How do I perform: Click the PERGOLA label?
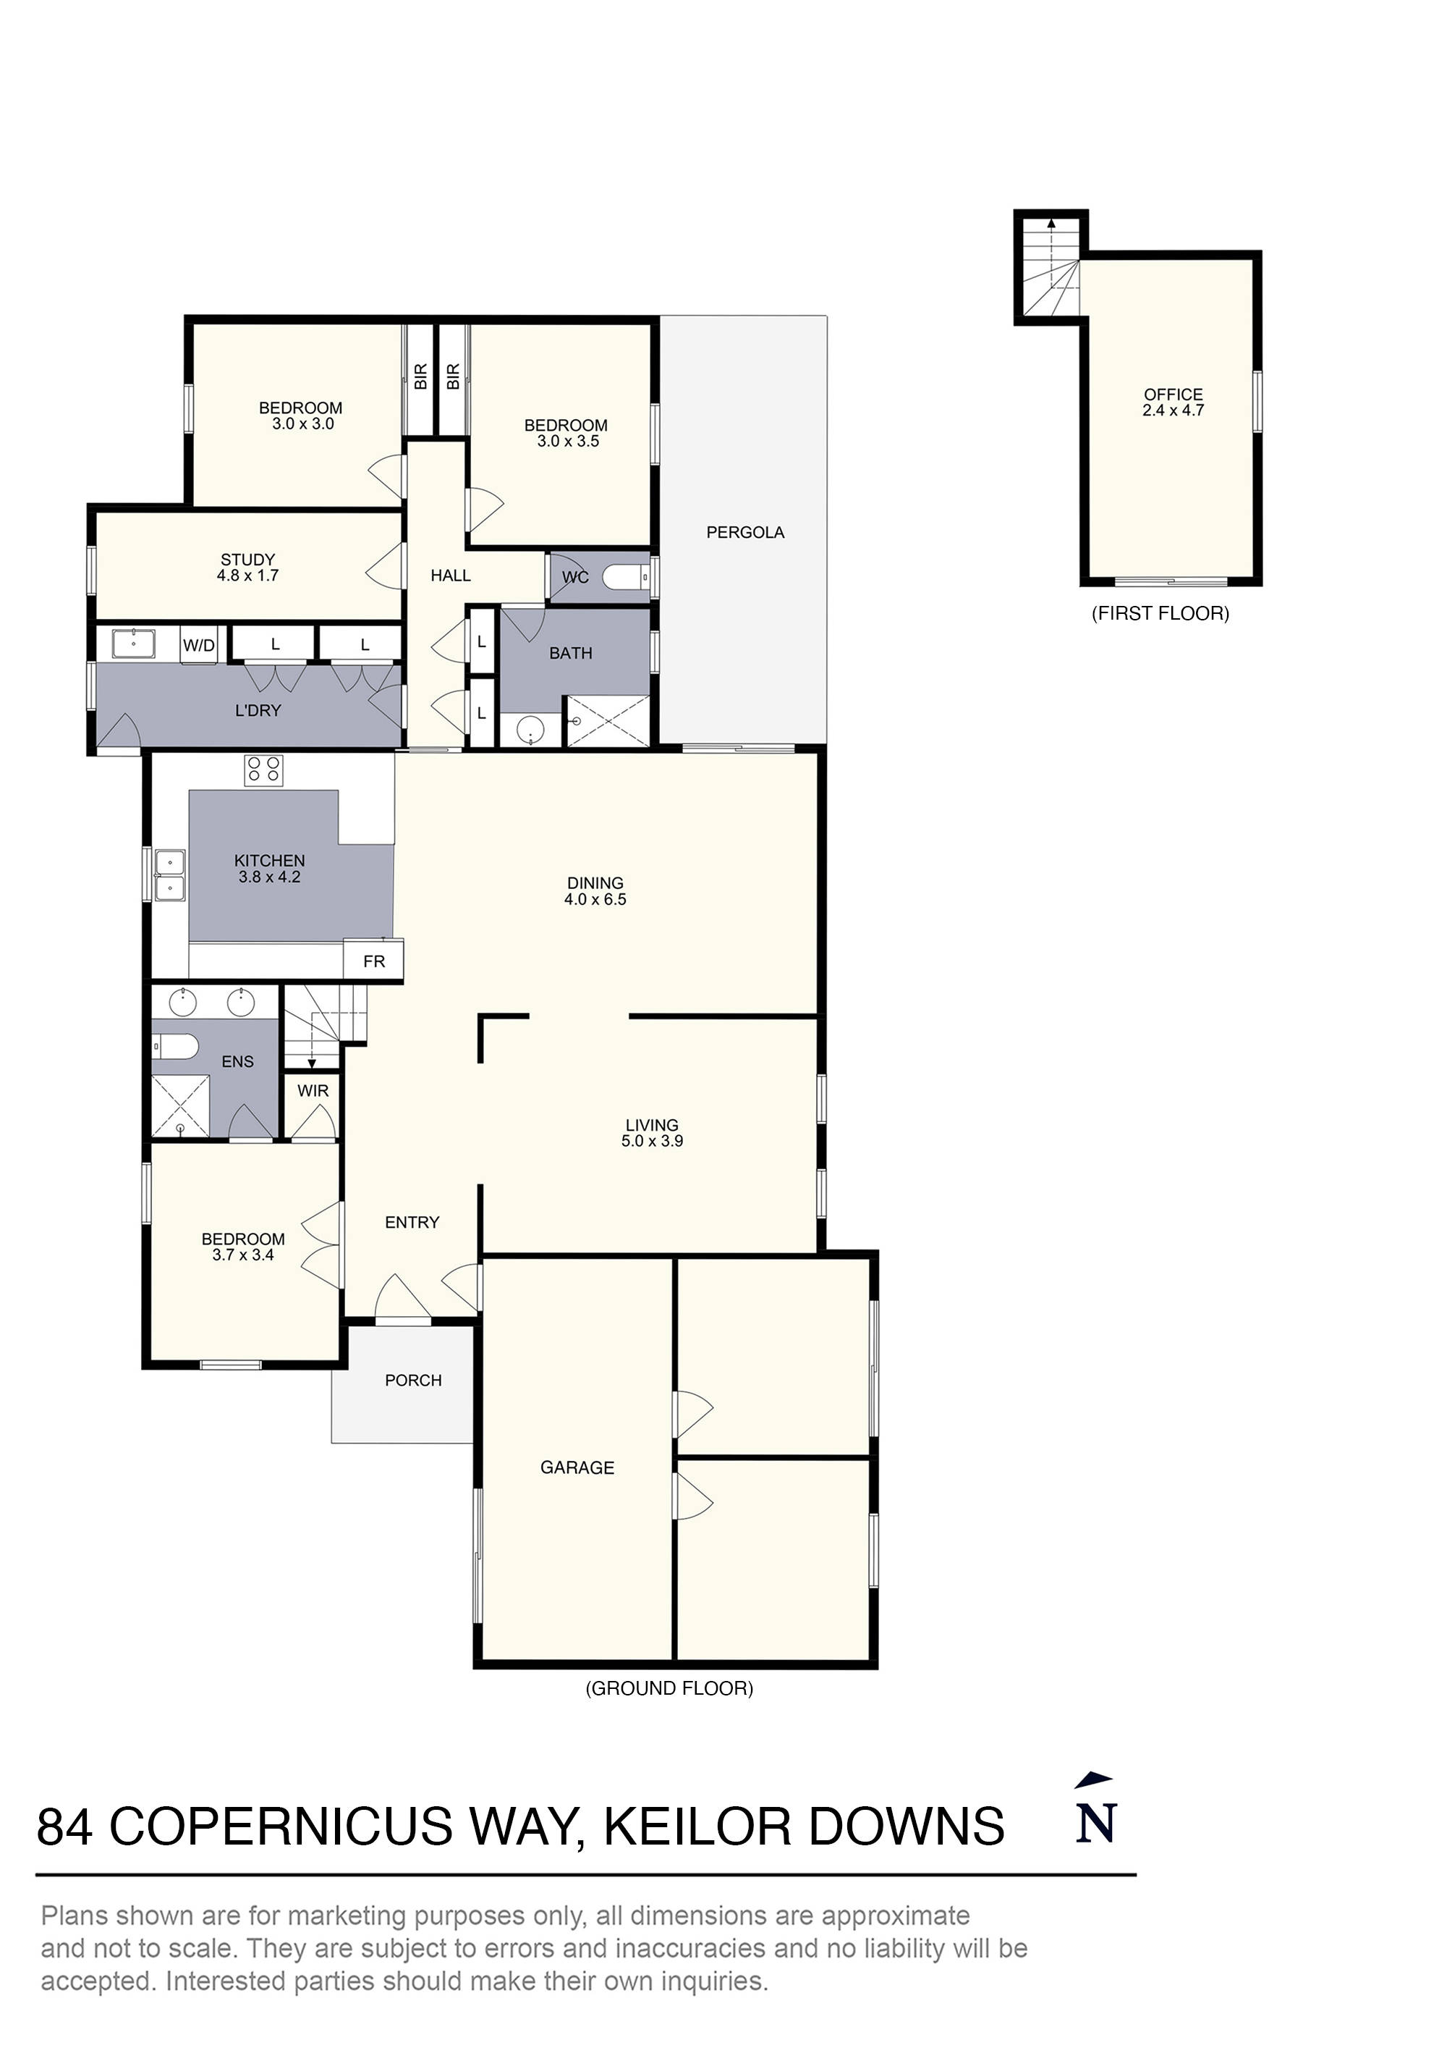click(744, 533)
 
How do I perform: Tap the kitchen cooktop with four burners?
click(263, 770)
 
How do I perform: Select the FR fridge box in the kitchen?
click(373, 961)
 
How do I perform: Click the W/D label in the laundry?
click(198, 645)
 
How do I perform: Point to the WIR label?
click(313, 1090)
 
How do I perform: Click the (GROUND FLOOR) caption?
click(669, 1687)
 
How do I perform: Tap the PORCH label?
click(413, 1380)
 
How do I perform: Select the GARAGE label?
click(577, 1467)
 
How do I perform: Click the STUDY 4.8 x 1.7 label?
click(248, 568)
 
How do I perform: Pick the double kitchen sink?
click(169, 876)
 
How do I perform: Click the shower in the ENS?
click(180, 1106)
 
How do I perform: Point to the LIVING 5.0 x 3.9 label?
click(652, 1133)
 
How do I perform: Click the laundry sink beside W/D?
click(134, 643)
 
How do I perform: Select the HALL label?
click(450, 576)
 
